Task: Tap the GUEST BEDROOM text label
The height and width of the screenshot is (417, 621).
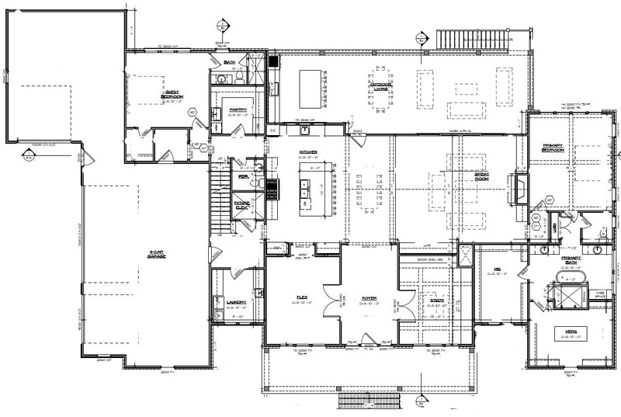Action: coord(172,92)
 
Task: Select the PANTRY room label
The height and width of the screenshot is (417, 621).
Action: coord(238,109)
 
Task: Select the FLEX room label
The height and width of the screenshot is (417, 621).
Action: coord(303,297)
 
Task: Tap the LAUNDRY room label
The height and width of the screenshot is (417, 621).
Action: coord(236,302)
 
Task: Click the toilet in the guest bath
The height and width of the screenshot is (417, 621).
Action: coord(241,78)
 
